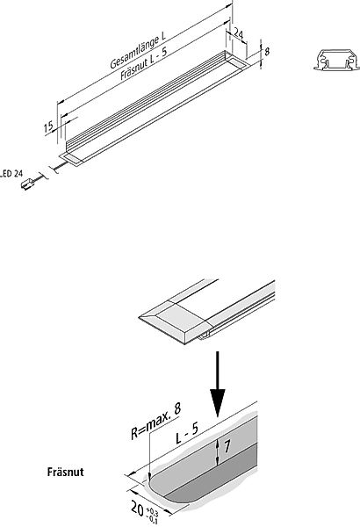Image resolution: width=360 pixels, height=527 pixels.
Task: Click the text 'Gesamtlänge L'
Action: (138, 51)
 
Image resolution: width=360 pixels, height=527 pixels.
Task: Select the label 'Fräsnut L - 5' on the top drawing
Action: (144, 63)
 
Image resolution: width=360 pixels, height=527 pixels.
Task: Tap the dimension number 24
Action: (238, 33)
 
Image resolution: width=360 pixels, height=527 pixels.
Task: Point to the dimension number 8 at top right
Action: (267, 52)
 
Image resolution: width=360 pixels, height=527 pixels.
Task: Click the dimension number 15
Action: (49, 126)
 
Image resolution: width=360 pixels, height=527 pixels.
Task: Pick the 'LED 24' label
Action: (11, 173)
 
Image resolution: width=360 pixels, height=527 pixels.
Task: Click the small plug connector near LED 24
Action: (27, 184)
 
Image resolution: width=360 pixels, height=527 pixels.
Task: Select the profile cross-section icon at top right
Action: (336, 60)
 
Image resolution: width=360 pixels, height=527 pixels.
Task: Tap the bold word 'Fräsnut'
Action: (65, 472)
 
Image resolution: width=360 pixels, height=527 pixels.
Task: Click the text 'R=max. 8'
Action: (155, 421)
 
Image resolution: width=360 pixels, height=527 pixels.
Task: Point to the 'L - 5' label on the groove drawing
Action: (187, 433)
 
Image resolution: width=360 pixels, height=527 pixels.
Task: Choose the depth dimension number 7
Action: (227, 446)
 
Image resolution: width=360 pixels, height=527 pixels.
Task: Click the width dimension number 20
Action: (138, 509)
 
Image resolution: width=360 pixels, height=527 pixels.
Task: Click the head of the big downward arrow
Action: (218, 402)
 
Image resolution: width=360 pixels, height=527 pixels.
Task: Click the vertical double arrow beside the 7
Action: (218, 452)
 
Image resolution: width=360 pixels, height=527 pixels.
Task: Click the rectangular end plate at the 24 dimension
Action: (238, 62)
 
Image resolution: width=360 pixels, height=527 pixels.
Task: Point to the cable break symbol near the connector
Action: (50, 171)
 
